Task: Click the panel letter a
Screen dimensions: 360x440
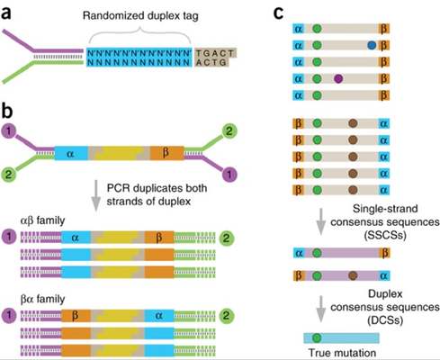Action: click(x=7, y=13)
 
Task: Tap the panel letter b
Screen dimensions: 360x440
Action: click(x=7, y=112)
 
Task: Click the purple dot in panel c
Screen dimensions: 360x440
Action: click(x=338, y=79)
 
